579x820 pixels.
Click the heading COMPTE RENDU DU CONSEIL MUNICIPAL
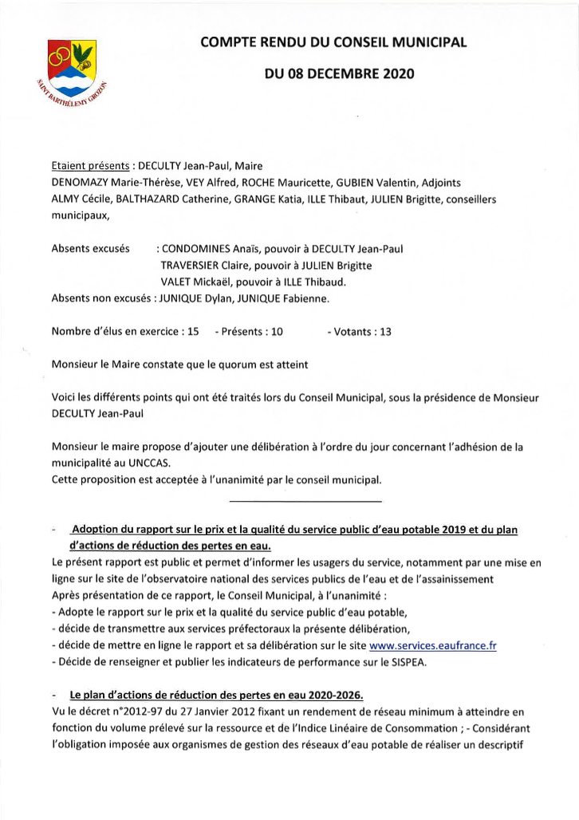coord(333,42)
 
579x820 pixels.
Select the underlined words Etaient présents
coord(90,167)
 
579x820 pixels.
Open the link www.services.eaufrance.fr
coord(433,645)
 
